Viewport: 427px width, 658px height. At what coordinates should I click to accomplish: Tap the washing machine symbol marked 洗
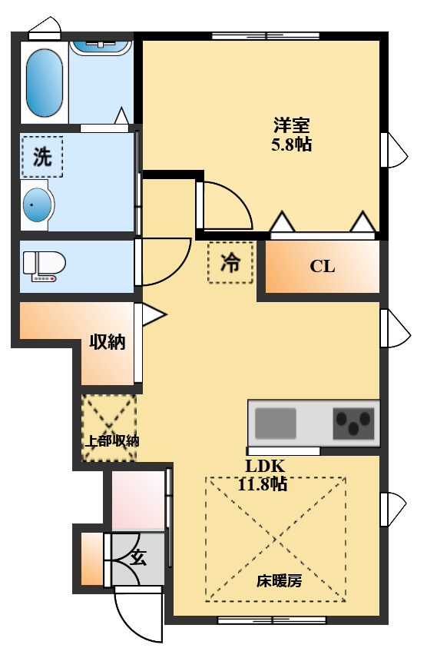point(42,157)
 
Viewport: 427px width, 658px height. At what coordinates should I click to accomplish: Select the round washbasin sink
point(38,206)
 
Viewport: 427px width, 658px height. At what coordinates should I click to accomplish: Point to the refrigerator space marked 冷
point(230,263)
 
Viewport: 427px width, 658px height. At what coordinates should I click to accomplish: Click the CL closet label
point(323,267)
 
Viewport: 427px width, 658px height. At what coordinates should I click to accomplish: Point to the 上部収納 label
point(111,441)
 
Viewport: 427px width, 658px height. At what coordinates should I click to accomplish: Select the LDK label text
point(265,466)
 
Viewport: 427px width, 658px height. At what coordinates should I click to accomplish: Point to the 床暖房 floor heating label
point(279,580)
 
